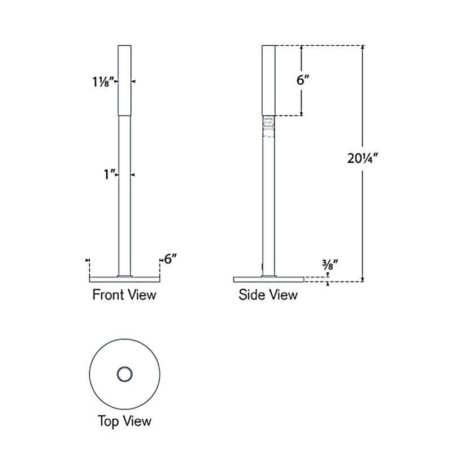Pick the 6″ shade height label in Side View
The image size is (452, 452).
point(304,80)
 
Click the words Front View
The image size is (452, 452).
point(124,294)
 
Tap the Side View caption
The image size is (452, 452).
point(268,294)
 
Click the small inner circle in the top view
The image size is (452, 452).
point(124,373)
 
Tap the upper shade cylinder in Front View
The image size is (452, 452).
point(124,79)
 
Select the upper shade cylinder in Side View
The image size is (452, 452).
point(268,79)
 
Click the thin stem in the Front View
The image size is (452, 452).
point(124,198)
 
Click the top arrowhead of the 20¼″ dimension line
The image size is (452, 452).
point(363,47)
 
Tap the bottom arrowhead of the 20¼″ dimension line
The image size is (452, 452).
point(363,279)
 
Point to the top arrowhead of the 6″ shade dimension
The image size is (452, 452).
point(301,47)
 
